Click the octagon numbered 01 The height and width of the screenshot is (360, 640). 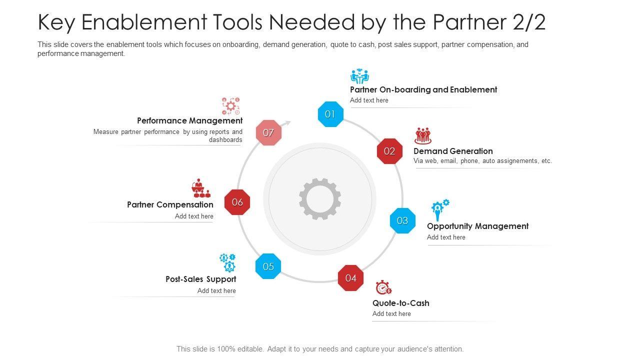(330, 114)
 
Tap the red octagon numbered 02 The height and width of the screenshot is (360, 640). (389, 151)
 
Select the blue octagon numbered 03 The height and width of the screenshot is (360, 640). (402, 220)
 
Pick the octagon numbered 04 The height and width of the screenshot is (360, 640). (350, 278)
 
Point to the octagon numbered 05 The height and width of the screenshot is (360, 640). (268, 266)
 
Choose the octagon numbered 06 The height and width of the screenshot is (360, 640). (237, 202)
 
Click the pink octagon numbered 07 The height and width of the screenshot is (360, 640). (268, 132)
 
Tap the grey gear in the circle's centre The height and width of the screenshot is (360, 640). (320, 199)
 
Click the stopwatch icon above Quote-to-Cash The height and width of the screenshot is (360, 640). (383, 287)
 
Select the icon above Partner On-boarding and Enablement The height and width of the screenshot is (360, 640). (359, 76)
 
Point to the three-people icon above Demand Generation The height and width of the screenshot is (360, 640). (423, 135)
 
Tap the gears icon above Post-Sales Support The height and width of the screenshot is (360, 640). (227, 262)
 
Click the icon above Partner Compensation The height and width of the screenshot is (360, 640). (201, 188)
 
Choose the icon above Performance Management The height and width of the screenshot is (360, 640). (230, 106)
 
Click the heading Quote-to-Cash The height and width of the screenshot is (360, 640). (400, 303)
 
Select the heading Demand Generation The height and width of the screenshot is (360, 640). (453, 151)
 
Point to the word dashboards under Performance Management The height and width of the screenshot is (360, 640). (225, 140)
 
